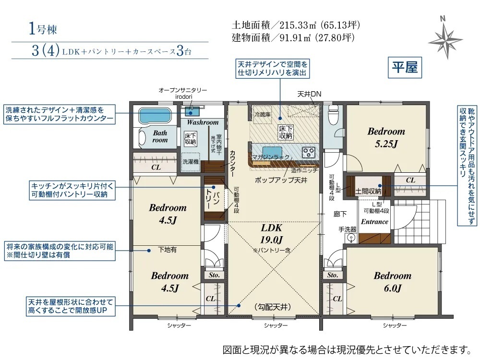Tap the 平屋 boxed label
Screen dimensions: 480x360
[x=405, y=67]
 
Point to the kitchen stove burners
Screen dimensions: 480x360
[x=308, y=152]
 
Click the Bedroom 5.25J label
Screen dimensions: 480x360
[x=386, y=137]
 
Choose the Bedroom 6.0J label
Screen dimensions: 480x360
[x=393, y=282]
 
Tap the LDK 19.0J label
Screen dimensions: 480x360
[x=272, y=233]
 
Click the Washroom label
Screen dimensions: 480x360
[x=203, y=122]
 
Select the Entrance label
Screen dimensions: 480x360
[x=374, y=222]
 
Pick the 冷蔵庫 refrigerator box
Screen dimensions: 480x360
[x=263, y=115]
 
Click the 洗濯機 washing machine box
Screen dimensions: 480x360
[x=191, y=161]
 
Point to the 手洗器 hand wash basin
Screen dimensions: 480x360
[x=350, y=238]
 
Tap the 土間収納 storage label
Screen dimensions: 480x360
[x=368, y=191]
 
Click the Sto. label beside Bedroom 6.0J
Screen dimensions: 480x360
[x=333, y=275]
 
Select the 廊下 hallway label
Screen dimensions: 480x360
[x=340, y=214]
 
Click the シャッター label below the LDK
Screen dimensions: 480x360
[x=276, y=325]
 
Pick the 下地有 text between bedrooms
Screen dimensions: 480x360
[x=167, y=250]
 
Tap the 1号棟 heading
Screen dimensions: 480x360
[x=43, y=29]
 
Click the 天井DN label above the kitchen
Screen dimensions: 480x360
[x=309, y=94]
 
